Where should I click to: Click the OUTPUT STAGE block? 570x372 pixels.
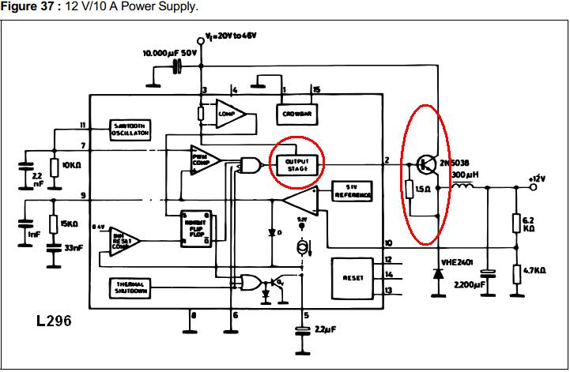[296, 163]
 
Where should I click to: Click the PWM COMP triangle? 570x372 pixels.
[205, 160]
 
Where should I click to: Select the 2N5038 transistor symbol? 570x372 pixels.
[428, 164]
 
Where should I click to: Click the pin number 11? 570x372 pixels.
[82, 125]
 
